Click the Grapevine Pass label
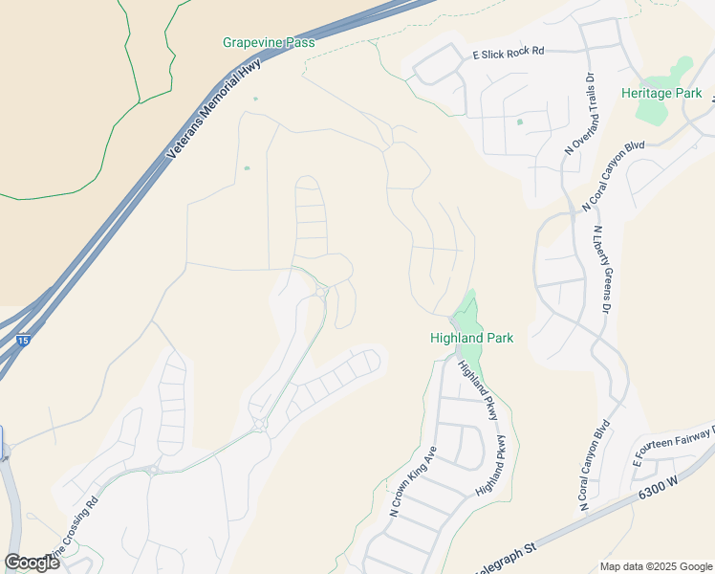point(269,43)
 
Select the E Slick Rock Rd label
point(508,54)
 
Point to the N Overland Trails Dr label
point(580,113)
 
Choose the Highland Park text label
point(471,338)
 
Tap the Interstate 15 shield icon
point(23,341)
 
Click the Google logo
point(32,563)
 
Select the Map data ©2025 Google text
point(655,566)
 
